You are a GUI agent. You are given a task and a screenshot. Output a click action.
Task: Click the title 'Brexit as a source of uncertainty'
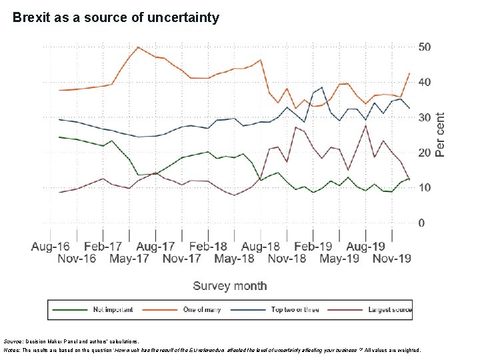click(x=115, y=18)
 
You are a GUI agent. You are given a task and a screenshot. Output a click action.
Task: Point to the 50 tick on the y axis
click(x=425, y=47)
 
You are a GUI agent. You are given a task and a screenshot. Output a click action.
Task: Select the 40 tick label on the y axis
click(x=425, y=82)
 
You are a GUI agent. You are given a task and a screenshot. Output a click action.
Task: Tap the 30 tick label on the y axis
click(x=425, y=117)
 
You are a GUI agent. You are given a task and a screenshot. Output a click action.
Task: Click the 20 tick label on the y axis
click(x=425, y=153)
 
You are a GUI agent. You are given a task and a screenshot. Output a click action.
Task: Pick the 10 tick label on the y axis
click(x=425, y=187)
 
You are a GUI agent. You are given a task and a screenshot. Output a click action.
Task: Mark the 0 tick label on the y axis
click(x=421, y=223)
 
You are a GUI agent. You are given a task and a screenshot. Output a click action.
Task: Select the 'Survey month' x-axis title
click(x=230, y=286)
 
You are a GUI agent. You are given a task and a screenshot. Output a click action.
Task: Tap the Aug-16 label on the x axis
click(x=50, y=247)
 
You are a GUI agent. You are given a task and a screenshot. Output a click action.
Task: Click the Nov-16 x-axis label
click(x=77, y=259)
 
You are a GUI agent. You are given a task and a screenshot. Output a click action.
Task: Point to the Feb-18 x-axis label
click(x=208, y=247)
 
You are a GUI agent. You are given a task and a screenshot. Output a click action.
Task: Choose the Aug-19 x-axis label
click(x=366, y=247)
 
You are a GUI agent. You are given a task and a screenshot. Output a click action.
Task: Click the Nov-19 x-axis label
click(x=392, y=259)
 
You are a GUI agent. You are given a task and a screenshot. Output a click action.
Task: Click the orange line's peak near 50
click(x=137, y=47)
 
